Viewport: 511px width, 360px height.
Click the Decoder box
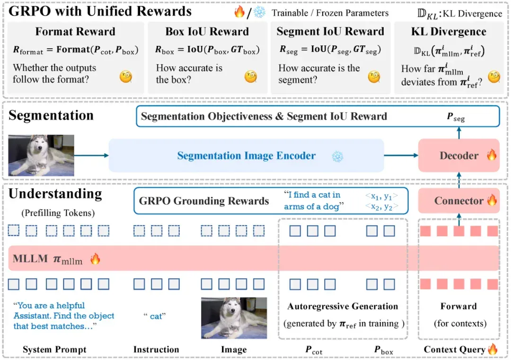point(458,156)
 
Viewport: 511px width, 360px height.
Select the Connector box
point(458,201)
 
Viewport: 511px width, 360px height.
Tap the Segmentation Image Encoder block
point(247,156)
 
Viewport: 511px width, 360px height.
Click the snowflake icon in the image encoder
point(338,157)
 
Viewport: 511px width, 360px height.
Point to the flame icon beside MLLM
point(95,259)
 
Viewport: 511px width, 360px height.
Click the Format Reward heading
point(75,32)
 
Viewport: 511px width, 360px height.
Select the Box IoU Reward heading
point(207,32)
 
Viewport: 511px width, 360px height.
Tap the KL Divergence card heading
point(449,32)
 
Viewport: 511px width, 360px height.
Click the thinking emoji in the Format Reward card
point(126,77)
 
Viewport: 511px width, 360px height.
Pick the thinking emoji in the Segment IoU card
point(374,77)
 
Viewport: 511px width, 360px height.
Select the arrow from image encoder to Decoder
point(401,156)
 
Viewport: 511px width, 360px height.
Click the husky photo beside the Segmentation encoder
point(41,156)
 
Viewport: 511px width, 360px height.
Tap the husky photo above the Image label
point(234,318)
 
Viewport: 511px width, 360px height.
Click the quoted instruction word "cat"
point(155,316)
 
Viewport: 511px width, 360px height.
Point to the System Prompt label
point(54,350)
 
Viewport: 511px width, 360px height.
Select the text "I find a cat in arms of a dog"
point(314,201)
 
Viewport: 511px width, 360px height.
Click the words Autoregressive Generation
point(343,307)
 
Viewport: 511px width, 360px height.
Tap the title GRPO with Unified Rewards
point(100,11)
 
